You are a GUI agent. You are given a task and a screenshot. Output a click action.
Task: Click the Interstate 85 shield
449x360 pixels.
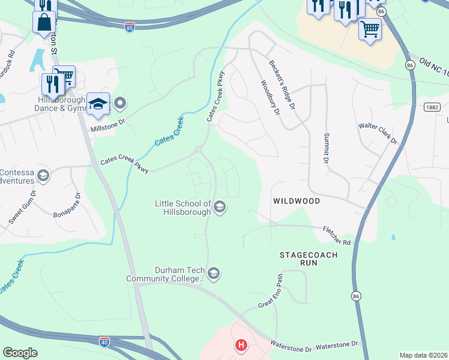pos(130,27)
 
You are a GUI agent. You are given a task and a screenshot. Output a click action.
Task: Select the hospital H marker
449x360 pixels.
pos(241,345)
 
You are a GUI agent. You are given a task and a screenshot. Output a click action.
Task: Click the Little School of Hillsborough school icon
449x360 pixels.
pos(220,208)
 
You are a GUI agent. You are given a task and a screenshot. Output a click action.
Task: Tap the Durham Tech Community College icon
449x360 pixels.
pos(214,274)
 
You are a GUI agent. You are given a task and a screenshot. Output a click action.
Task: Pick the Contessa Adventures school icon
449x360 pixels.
pos(43,176)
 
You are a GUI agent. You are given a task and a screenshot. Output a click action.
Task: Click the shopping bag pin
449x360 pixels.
pos(45,23)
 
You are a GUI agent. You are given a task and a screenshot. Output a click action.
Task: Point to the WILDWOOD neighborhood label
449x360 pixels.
pos(297,201)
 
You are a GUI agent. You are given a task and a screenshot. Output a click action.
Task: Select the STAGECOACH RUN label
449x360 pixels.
pos(309,259)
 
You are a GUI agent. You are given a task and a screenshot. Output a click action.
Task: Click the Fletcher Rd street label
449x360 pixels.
pos(336,235)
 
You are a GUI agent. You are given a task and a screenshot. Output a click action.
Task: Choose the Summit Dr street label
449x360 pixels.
pos(327,149)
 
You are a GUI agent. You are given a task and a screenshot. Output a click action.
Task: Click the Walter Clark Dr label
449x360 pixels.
pos(378,133)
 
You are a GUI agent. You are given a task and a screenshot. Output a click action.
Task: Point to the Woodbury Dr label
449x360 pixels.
pos(270,98)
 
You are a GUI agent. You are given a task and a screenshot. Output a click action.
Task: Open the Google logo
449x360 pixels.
pos(20,352)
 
